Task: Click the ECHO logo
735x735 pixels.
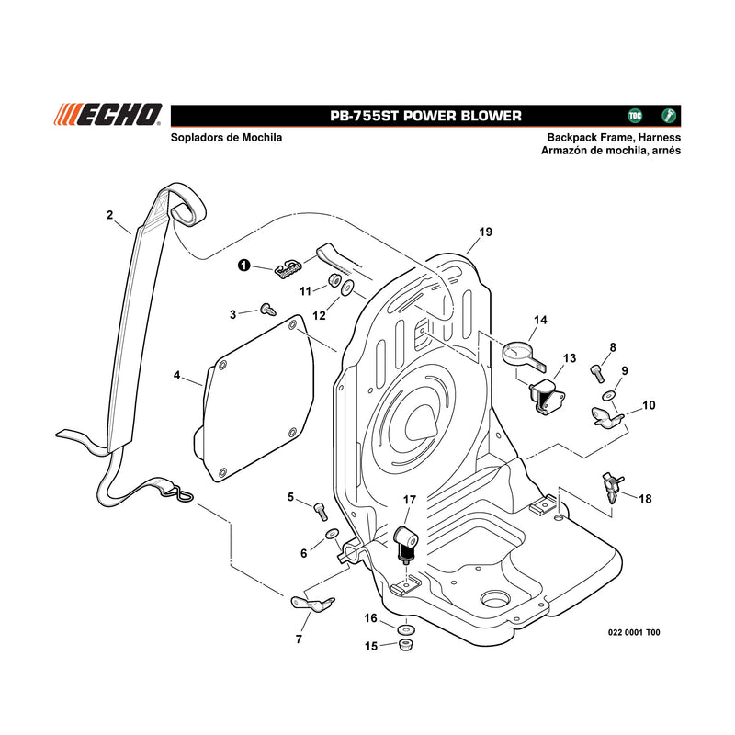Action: coord(107,115)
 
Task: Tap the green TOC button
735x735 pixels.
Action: coord(635,116)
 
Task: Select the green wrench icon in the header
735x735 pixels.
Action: coord(669,116)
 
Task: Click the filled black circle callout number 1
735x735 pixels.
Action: coord(243,266)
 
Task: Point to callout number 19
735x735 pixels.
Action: coord(486,232)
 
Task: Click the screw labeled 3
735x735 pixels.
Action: coord(267,310)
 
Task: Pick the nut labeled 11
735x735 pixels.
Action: coord(334,280)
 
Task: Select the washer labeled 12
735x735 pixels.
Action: coord(348,288)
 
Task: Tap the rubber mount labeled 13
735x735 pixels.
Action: coord(547,397)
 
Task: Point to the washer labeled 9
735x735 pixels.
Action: coord(609,396)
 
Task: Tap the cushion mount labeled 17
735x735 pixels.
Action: coord(405,544)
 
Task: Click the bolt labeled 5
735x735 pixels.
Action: coord(321,511)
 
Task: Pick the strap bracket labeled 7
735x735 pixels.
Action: coord(311,604)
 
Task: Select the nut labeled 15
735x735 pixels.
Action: coord(405,645)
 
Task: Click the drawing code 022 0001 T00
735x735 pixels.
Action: coord(634,632)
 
